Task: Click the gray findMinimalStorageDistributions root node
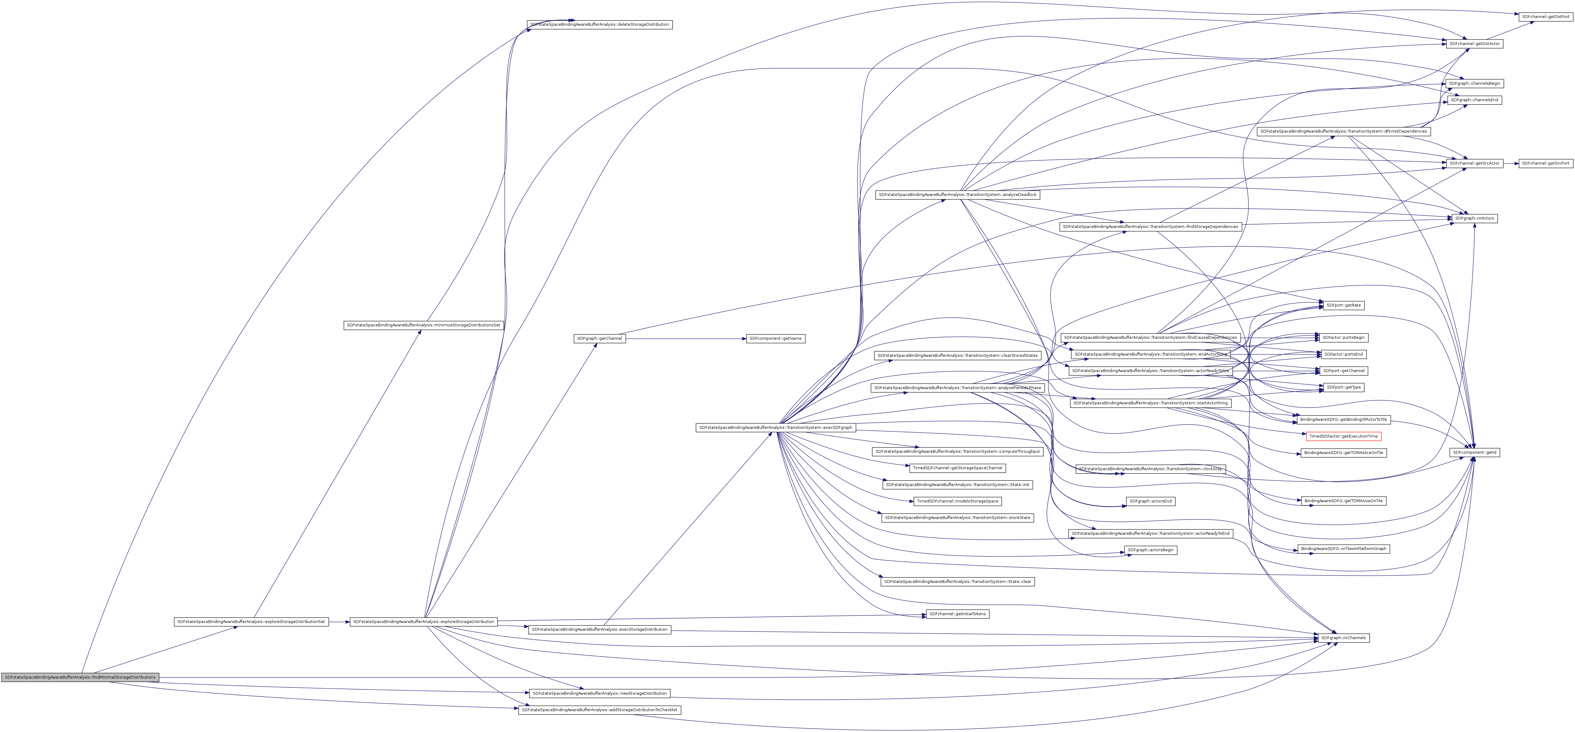80,677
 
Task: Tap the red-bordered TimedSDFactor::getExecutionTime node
1343,436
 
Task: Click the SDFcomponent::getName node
775,339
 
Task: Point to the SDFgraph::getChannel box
599,339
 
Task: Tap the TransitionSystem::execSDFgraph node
775,428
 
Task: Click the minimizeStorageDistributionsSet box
423,325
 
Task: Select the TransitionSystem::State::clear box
958,582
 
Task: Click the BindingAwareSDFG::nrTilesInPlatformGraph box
1343,549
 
